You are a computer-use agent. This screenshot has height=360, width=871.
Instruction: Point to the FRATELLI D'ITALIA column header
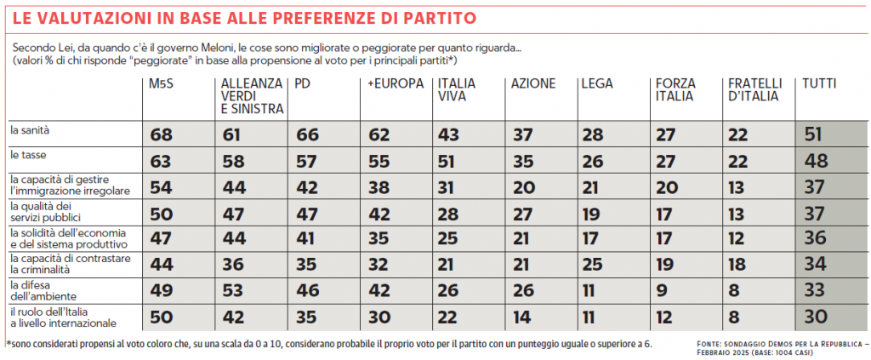click(x=754, y=90)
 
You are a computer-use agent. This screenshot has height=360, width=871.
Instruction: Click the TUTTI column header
click(x=819, y=84)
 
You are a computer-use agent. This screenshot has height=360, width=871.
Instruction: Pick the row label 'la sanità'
click(x=30, y=131)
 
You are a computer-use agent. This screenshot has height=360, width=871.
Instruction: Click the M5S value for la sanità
click(x=162, y=134)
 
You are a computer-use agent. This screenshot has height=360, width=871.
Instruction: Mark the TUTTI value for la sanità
click(x=817, y=134)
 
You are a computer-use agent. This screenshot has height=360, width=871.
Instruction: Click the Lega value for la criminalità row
click(x=593, y=266)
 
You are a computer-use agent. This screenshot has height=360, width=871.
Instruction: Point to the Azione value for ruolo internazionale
click(x=521, y=317)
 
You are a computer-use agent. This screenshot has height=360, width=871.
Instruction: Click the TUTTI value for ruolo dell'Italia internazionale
click(x=817, y=317)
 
